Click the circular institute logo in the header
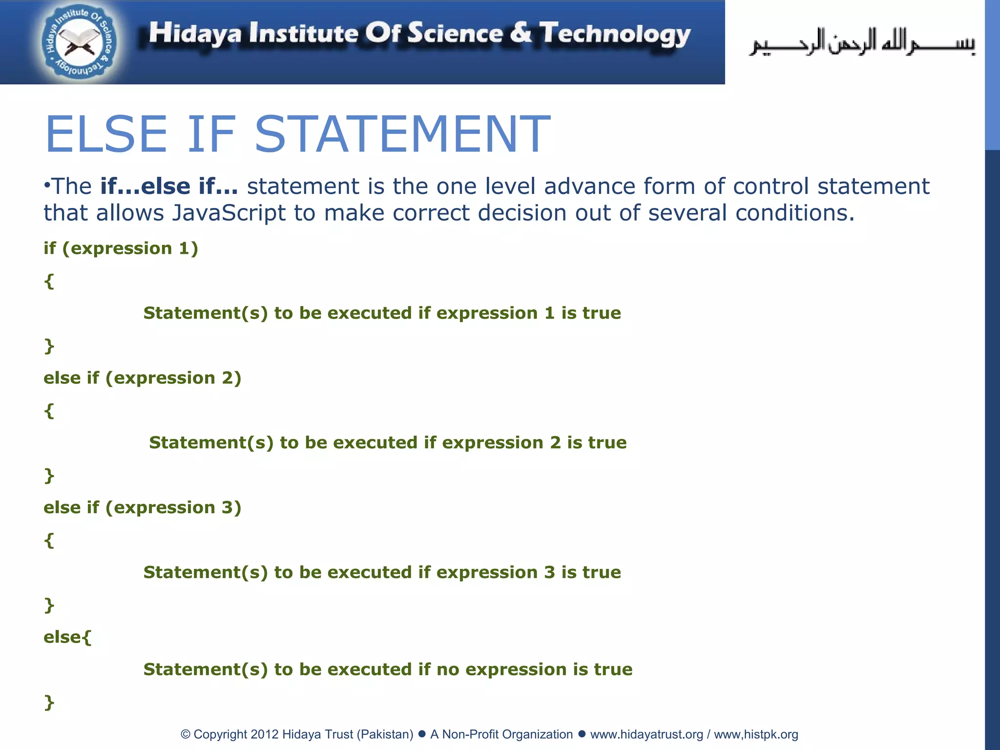tap(79, 43)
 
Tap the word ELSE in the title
tap(106, 134)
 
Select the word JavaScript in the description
tap(229, 213)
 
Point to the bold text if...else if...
tap(169, 187)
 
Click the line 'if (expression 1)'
tap(121, 249)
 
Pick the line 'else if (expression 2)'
tap(143, 378)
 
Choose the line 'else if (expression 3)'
tap(143, 508)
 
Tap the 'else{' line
tap(67, 637)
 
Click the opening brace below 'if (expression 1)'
tap(49, 281)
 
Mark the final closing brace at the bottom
tap(49, 702)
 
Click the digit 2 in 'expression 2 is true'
tap(555, 443)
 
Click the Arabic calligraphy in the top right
tap(862, 43)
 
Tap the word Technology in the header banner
tap(615, 34)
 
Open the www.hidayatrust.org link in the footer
tap(646, 734)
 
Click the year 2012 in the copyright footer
tap(264, 734)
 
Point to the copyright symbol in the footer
tap(186, 734)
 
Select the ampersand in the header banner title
tap(521, 33)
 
